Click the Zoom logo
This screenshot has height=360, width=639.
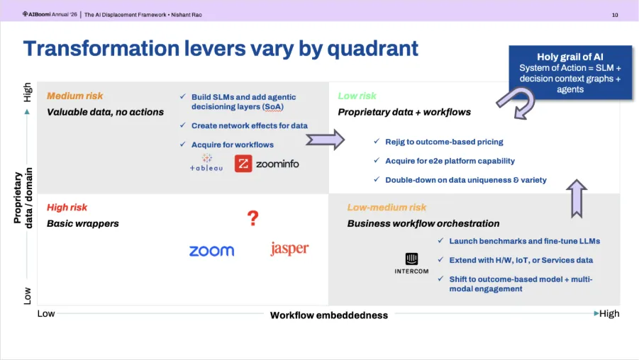click(211, 251)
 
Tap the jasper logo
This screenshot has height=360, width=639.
click(289, 249)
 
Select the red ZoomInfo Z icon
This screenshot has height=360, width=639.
click(243, 164)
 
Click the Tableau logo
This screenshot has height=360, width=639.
click(206, 162)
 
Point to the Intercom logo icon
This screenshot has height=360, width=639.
click(411, 259)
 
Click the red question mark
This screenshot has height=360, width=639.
click(253, 218)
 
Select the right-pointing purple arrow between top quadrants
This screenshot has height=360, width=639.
click(326, 140)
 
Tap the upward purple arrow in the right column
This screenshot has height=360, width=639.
click(577, 198)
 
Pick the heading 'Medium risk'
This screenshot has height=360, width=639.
click(75, 96)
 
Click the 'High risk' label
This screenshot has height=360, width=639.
click(67, 208)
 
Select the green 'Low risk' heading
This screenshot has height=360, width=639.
click(357, 96)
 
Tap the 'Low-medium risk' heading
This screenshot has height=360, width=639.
click(387, 208)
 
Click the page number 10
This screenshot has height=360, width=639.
click(615, 15)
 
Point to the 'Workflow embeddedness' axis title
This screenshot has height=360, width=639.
click(329, 315)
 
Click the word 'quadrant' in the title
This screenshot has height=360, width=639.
click(372, 49)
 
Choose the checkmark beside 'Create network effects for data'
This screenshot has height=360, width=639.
click(183, 125)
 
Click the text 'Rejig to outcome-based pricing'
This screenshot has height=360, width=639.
click(444, 142)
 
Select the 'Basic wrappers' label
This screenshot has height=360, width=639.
click(83, 223)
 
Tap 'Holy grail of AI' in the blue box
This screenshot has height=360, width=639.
click(570, 57)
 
